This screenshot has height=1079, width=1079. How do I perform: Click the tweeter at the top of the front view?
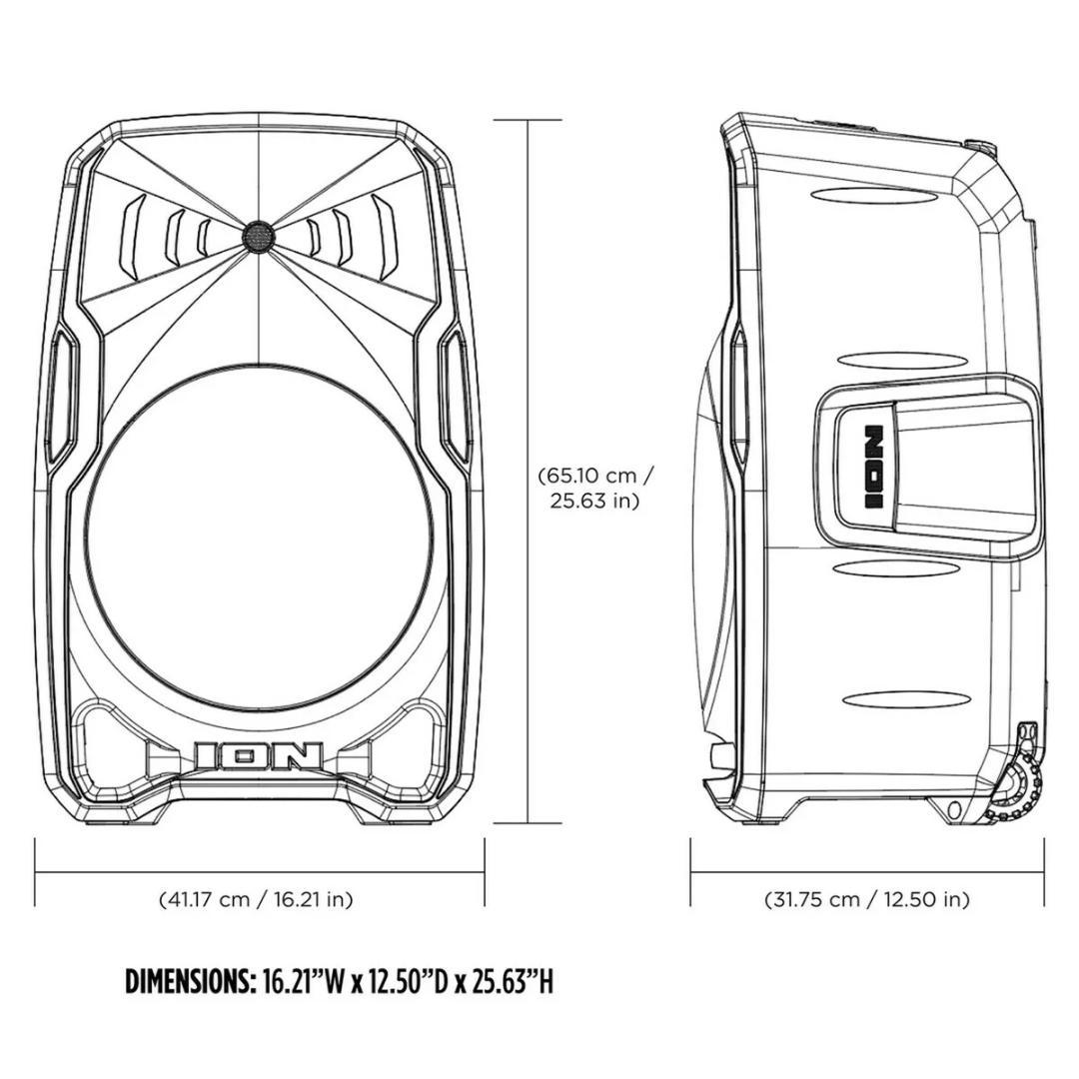point(258,235)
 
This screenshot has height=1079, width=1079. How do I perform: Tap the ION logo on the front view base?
point(259,756)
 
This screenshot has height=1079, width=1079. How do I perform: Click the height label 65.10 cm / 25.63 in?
point(595,487)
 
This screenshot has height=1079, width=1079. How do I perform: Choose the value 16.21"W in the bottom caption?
point(301,982)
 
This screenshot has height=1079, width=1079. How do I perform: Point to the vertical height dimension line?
point(528,470)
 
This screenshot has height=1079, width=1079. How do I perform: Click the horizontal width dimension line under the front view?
point(259,871)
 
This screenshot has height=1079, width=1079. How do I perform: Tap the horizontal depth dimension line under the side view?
point(867,871)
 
